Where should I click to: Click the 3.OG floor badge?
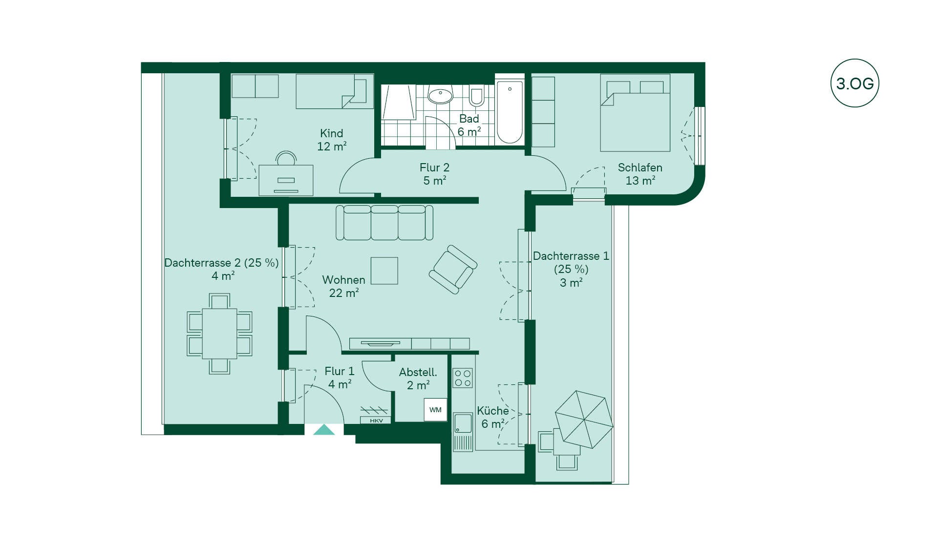pos(854,83)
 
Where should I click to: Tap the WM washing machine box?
pos(435,410)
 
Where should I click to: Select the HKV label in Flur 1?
pos(376,421)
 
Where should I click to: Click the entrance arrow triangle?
pos(324,430)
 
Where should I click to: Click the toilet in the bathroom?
pos(477,96)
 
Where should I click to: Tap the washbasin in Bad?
pos(440,95)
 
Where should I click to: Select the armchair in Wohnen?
pos(453,270)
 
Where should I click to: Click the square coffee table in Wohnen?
pos(384,271)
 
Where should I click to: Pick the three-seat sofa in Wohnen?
pos(384,223)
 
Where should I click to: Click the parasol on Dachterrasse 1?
pos(584,419)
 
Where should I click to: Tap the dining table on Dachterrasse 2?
pos(219,334)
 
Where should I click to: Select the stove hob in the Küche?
pos(463,378)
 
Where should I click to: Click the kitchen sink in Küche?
pos(463,423)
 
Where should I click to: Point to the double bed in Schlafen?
pos(635,113)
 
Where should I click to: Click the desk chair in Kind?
pos(286,159)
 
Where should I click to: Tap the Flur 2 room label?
pos(434,174)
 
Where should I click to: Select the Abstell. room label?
pos(418,379)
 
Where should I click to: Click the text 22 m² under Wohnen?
pos(344,293)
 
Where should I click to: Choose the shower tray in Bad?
pos(398,102)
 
